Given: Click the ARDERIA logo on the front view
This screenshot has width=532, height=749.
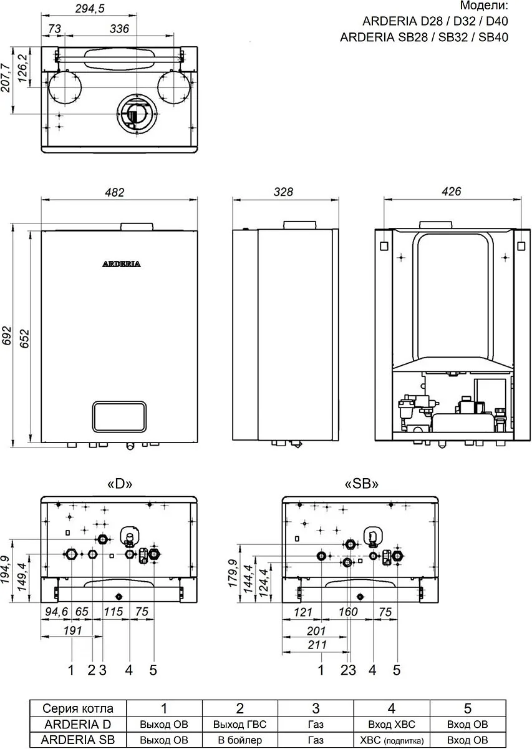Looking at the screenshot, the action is click(121, 264).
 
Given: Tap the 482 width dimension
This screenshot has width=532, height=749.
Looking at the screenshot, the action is click(115, 192).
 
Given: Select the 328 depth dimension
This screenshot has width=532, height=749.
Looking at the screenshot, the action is click(283, 192).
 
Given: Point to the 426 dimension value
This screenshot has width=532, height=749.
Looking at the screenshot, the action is click(451, 192).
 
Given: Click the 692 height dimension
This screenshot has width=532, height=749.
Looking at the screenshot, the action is click(7, 335).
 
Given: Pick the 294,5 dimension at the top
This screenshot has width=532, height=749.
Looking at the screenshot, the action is click(90, 9).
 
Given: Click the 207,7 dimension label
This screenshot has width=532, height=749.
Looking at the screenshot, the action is click(6, 77).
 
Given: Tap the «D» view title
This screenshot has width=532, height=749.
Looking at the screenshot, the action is click(120, 484).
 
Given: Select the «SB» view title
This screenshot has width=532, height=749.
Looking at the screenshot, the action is click(361, 484).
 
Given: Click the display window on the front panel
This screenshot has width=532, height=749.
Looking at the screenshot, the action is click(119, 417).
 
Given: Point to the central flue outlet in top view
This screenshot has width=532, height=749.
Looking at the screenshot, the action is click(137, 113).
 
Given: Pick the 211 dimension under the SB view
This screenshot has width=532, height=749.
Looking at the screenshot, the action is click(317, 644).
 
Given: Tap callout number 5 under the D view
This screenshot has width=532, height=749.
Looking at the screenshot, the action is click(153, 670).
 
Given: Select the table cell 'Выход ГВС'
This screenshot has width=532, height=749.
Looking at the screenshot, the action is click(240, 724).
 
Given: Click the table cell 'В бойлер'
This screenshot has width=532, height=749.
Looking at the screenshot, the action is click(240, 740).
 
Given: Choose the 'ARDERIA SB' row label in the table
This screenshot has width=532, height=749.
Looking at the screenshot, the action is click(78, 740).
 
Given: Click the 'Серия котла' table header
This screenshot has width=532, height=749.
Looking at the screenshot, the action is click(78, 708).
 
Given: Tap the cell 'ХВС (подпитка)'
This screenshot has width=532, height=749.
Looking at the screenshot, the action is click(392, 740).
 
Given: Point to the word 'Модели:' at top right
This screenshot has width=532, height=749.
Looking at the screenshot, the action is click(484, 6).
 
